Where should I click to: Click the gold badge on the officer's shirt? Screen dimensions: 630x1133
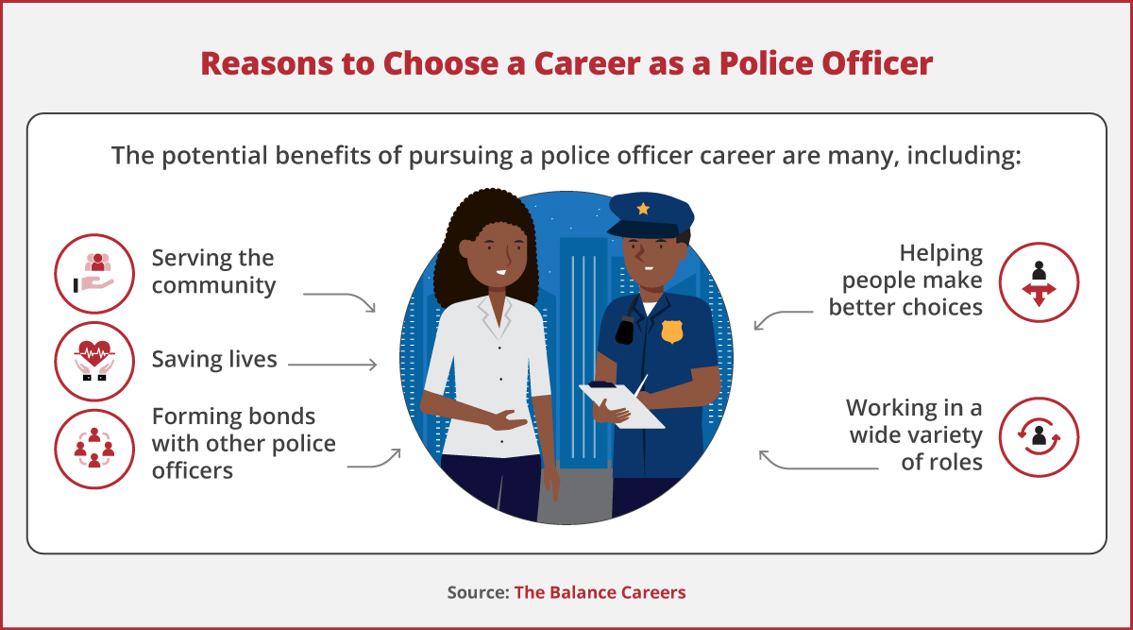(x=671, y=332)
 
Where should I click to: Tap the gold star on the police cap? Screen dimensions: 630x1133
(x=643, y=208)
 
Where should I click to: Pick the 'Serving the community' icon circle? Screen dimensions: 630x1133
(x=94, y=273)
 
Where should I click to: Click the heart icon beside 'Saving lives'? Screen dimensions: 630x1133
(x=94, y=362)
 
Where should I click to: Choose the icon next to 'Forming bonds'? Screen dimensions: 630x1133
(x=94, y=447)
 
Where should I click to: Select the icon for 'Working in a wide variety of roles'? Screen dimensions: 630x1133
(x=1039, y=436)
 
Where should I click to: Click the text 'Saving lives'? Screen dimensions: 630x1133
(x=214, y=359)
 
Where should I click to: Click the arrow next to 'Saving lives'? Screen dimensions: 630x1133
(x=332, y=364)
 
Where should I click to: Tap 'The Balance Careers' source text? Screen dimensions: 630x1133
(x=600, y=592)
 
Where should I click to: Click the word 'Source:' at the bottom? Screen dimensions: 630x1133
(x=478, y=592)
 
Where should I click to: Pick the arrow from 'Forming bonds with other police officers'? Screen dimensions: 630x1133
(x=374, y=460)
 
